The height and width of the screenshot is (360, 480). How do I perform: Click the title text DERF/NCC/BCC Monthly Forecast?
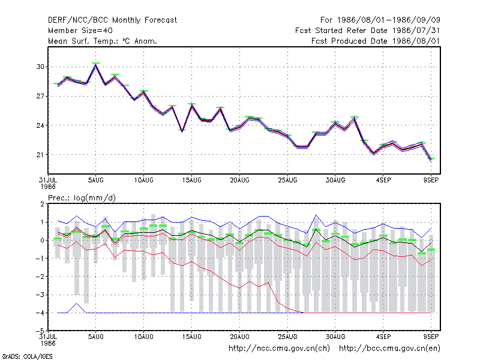click(x=112, y=20)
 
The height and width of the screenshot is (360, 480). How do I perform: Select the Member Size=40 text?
click(x=80, y=31)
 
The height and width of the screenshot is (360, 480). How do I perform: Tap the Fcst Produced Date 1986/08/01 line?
click(x=376, y=41)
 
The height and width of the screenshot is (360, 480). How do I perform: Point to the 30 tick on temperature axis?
click(x=40, y=67)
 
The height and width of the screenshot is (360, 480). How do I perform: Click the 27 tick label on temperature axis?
click(x=40, y=96)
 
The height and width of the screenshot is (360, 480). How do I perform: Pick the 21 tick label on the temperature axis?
click(x=40, y=155)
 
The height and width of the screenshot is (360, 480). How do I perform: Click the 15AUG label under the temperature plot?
click(x=191, y=180)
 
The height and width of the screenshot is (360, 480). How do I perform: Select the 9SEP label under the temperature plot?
click(x=431, y=180)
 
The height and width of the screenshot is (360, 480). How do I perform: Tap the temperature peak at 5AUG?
click(x=96, y=65)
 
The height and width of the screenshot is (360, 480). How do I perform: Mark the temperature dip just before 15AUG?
click(x=182, y=131)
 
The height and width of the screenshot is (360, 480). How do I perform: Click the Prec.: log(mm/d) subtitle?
click(x=82, y=198)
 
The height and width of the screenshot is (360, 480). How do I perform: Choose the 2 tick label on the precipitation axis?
click(x=42, y=204)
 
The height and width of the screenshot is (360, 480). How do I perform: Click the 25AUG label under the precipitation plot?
click(x=287, y=337)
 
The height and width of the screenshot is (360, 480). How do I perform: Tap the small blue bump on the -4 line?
click(x=77, y=304)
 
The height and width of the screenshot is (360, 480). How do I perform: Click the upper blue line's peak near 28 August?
click(x=316, y=215)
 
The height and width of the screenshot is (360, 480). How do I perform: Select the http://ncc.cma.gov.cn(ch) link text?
click(x=279, y=349)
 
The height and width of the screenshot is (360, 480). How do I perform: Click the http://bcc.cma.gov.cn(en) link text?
click(x=389, y=349)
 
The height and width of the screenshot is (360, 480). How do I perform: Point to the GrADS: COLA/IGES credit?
click(x=27, y=356)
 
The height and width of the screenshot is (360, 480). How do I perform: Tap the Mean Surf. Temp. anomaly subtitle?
click(x=103, y=41)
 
